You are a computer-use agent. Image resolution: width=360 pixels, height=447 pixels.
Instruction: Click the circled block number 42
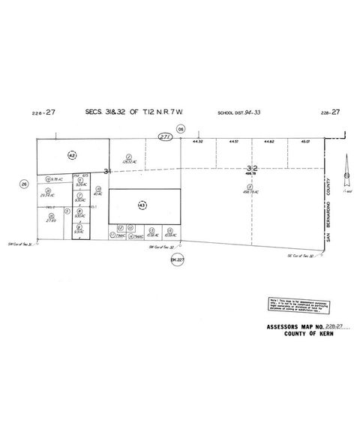[72, 155]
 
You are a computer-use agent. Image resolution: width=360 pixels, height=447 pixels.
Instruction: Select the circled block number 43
[141, 205]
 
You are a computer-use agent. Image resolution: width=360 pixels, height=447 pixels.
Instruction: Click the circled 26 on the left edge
[25, 184]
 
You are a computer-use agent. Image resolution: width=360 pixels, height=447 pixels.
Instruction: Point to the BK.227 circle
[177, 259]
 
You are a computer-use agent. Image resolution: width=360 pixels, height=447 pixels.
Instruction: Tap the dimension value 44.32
[198, 141]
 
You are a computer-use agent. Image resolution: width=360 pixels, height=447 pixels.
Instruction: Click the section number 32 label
[251, 169]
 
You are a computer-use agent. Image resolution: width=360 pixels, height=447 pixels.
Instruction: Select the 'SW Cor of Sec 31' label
[21, 244]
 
